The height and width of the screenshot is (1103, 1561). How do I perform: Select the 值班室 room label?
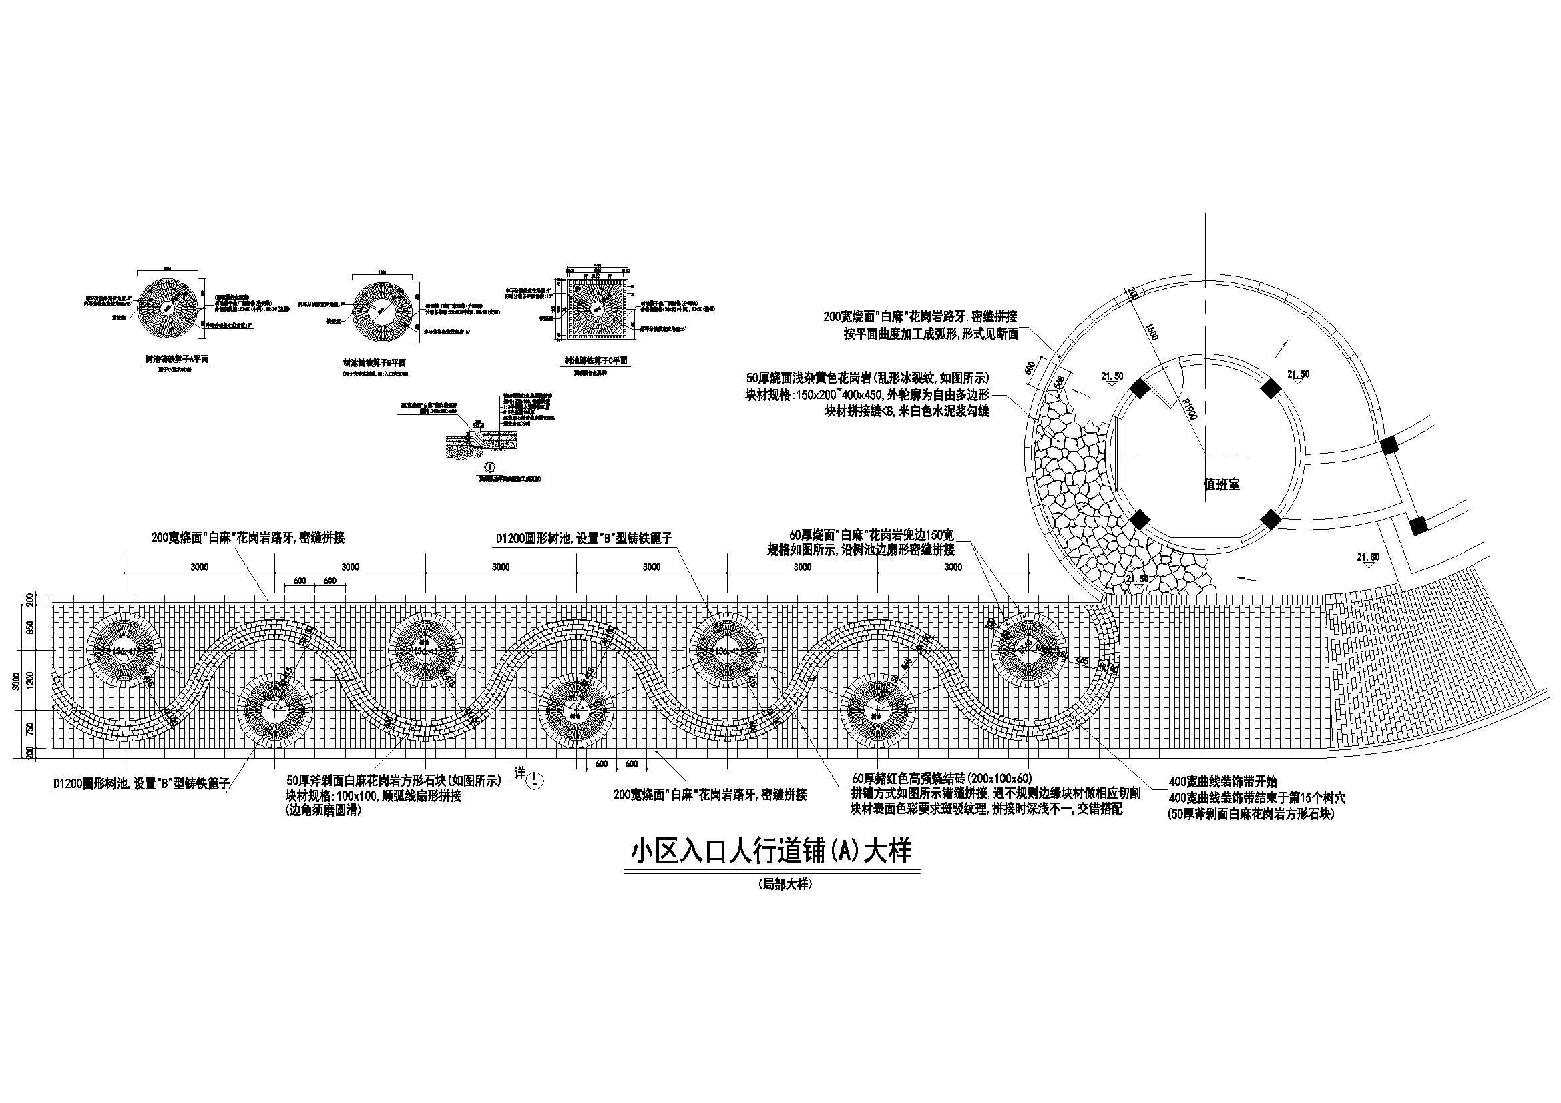(x=1221, y=485)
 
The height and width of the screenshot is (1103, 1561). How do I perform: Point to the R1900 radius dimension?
(x=1188, y=410)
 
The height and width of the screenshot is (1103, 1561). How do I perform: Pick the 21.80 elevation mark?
(x=1368, y=557)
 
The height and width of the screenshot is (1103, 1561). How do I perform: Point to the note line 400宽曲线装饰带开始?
(x=1222, y=782)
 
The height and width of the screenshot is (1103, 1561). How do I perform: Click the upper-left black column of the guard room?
(x=1140, y=390)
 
